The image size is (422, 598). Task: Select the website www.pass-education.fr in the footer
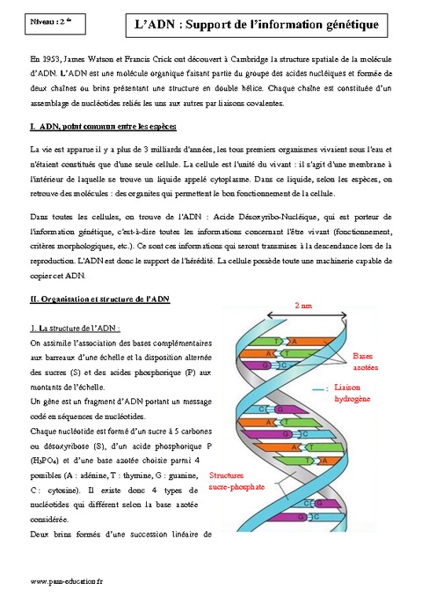click(68, 582)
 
